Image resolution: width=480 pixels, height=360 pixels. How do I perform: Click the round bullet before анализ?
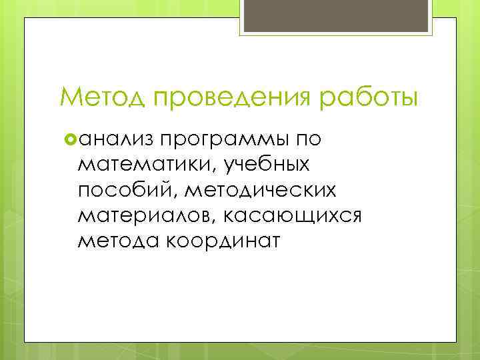(x=71, y=139)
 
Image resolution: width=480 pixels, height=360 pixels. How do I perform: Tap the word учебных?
(x=269, y=164)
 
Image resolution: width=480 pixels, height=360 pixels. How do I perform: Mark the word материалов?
(x=144, y=215)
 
